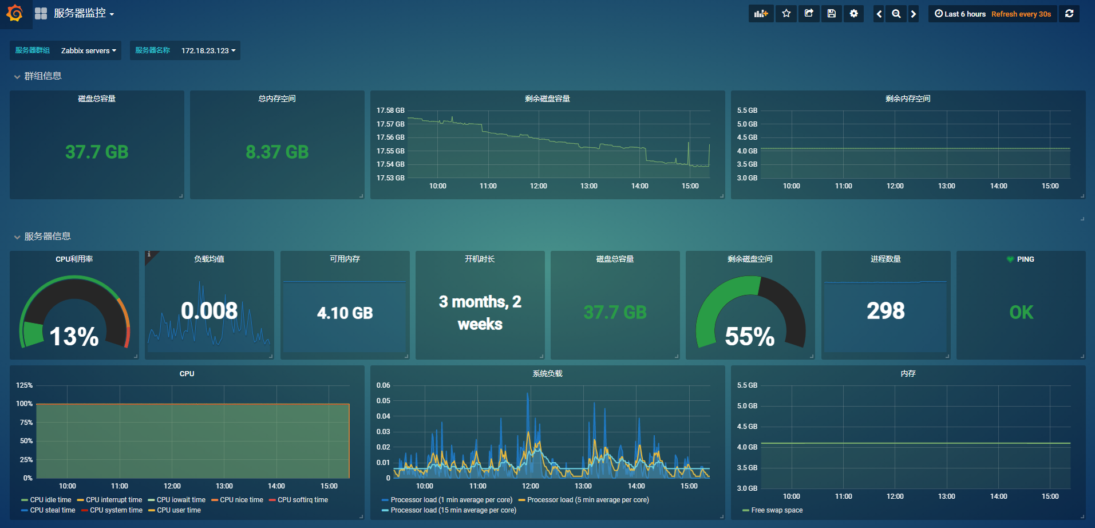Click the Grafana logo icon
pos(15,13)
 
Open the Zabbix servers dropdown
pos(88,50)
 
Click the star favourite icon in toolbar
pos(786,14)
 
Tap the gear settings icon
pos(853,14)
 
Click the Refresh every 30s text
pos(1021,14)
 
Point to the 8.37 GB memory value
pos(277,152)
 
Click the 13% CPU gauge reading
pos(74,336)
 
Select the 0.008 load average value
pos(209,311)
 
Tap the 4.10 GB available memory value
pos(345,313)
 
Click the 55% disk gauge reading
pos(750,336)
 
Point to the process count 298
pos(886,311)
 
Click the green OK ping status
pos(1021,312)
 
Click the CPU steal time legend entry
pos(52,510)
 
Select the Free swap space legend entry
pos(777,510)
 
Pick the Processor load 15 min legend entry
pos(453,510)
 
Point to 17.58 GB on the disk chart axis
pos(390,111)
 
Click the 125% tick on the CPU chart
pos(25,385)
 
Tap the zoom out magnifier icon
pos(896,14)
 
